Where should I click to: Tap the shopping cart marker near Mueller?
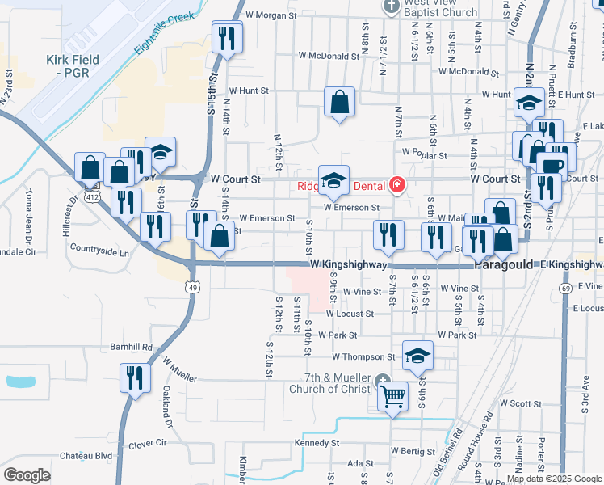tap(393, 397)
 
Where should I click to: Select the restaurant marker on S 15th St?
tap(226, 38)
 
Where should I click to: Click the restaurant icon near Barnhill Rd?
tap(135, 377)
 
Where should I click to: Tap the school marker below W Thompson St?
tap(417, 356)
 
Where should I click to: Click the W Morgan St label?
tap(273, 15)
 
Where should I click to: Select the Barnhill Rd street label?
tap(131, 347)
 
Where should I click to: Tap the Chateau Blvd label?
tap(92, 456)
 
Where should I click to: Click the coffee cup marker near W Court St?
tap(553, 166)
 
